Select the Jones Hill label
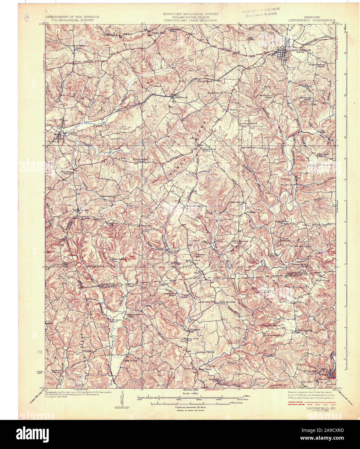click(154, 33)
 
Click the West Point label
click(205, 369)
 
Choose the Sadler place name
click(251, 212)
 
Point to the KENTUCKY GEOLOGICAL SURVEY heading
click(190, 14)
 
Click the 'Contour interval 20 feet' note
click(190, 407)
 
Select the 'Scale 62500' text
click(190, 393)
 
